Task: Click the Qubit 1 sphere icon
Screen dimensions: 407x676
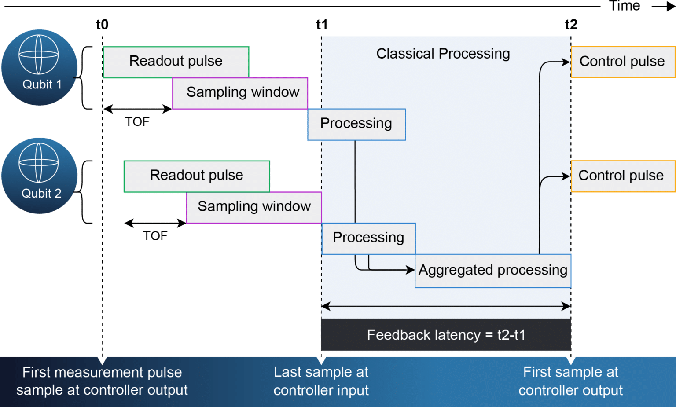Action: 39,67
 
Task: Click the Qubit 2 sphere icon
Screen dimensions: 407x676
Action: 39,176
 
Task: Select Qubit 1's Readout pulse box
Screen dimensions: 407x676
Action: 176,61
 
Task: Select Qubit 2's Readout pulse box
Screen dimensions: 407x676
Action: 196,176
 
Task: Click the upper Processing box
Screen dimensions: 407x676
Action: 356,124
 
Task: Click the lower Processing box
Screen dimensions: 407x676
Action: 368,238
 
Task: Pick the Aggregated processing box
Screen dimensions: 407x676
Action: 492,270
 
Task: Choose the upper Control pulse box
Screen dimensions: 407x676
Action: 622,62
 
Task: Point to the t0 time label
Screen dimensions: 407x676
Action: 102,24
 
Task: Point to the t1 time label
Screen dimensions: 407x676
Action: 322,24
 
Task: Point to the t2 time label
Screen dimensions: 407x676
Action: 571,24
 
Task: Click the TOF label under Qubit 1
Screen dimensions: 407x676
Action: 137,122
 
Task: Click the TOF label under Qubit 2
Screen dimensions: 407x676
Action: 155,236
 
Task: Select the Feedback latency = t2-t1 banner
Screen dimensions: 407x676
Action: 446,335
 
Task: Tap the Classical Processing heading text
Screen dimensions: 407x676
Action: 443,54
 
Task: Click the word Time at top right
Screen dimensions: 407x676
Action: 625,6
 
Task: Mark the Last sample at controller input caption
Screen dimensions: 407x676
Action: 321,381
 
